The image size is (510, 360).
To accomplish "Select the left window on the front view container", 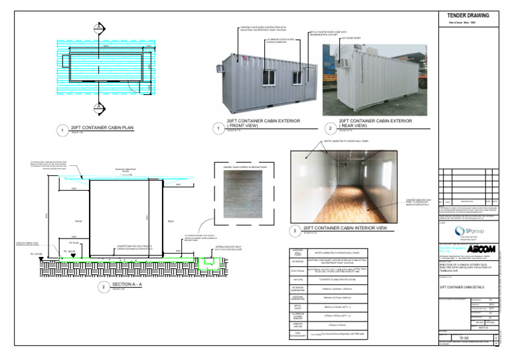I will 268,77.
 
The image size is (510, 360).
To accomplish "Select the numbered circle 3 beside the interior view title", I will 296,231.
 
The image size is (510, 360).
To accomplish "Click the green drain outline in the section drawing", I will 211,263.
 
